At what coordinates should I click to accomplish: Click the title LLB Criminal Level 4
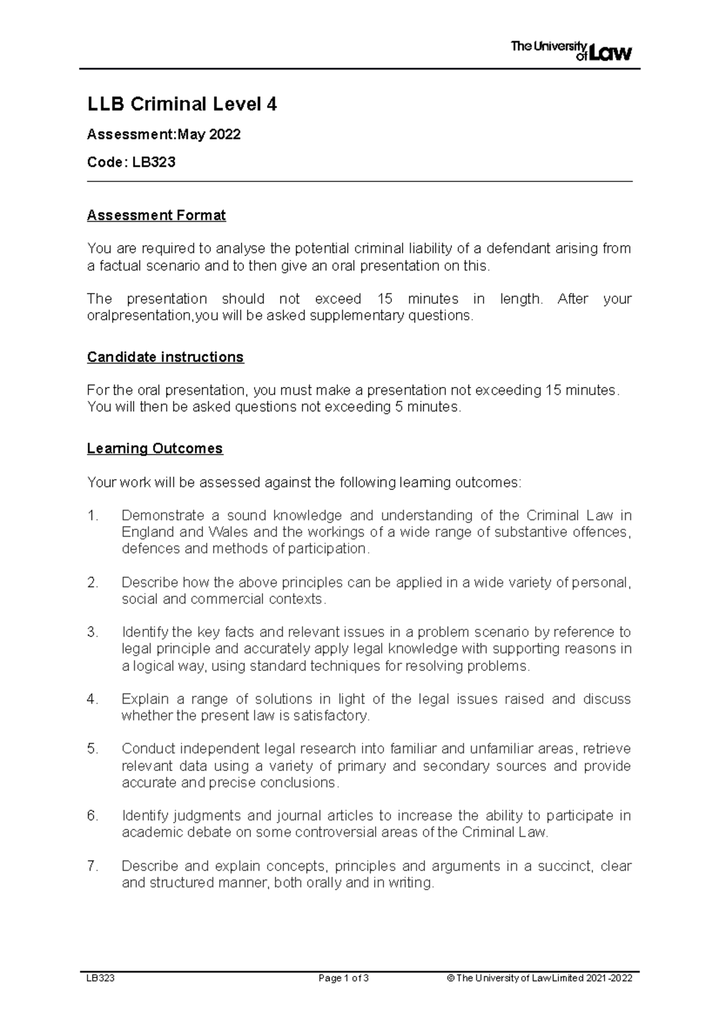[x=182, y=105]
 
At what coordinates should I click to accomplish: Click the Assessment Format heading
[x=156, y=216]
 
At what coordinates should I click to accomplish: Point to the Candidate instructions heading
[x=165, y=358]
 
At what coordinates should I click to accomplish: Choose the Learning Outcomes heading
[x=155, y=449]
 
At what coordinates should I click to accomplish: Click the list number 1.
[x=92, y=516]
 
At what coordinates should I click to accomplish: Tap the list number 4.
[x=92, y=699]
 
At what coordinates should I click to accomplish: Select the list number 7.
[x=92, y=866]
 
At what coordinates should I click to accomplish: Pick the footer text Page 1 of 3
[x=343, y=979]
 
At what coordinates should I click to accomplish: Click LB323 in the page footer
[x=101, y=979]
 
